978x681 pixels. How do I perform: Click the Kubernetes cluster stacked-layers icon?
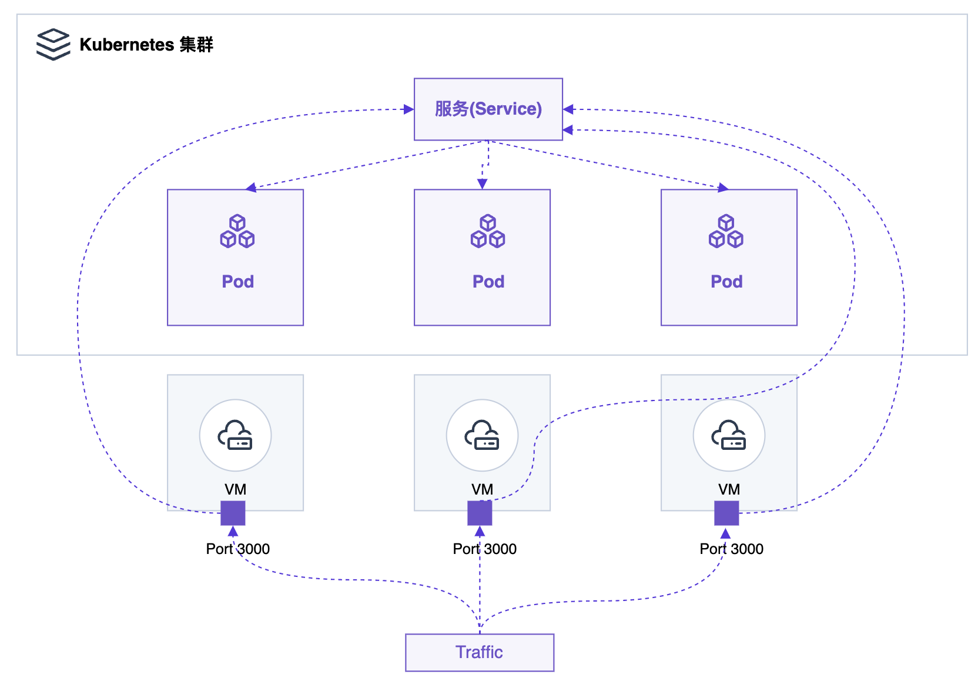(x=53, y=44)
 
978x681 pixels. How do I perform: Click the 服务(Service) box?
(x=488, y=109)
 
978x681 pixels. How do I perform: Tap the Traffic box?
(x=480, y=652)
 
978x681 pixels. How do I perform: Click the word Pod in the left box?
(x=238, y=282)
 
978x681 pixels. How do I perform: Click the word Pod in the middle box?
(x=488, y=282)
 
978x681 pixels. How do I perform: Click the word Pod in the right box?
(x=727, y=282)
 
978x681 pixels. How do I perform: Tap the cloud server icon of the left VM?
(x=235, y=435)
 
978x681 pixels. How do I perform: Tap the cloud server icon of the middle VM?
(x=482, y=435)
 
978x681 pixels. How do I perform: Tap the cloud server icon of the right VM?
(x=729, y=435)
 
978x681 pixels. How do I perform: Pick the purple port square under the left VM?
(x=233, y=513)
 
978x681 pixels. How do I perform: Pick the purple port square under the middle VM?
(x=480, y=513)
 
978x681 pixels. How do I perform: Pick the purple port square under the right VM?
(x=726, y=513)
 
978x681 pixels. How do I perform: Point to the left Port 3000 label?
(x=238, y=549)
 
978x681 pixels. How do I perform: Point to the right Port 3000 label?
(x=732, y=549)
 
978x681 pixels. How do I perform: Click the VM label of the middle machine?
(x=482, y=489)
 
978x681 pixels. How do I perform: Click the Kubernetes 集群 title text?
(x=146, y=45)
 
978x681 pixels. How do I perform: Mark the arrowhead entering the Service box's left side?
(x=408, y=109)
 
